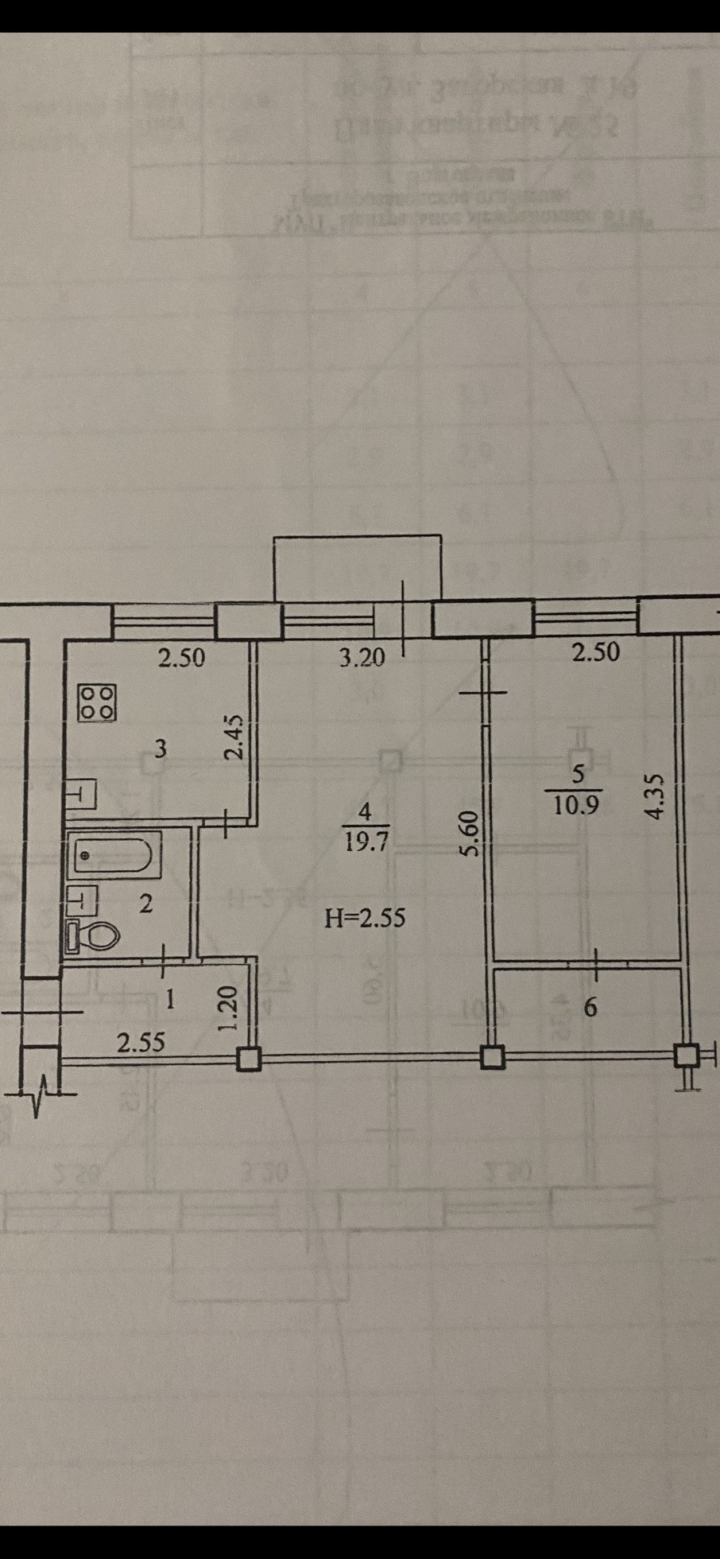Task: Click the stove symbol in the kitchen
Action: [x=97, y=702]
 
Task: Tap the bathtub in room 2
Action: [x=114, y=855]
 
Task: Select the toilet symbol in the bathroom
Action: [x=94, y=935]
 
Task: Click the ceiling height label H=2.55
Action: [x=365, y=918]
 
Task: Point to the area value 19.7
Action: [x=366, y=842]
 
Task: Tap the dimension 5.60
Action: [x=470, y=832]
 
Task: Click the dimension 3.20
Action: [x=362, y=658]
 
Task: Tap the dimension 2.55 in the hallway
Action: [x=141, y=1042]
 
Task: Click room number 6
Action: [x=590, y=1007]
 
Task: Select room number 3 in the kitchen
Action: [x=161, y=748]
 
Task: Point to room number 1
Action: [x=168, y=998]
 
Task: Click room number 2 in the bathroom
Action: [x=145, y=904]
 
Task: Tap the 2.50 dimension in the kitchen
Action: [x=181, y=658]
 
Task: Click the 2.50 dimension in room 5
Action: [x=595, y=651]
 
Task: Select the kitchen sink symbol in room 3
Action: [x=81, y=794]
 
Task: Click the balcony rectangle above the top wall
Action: [x=357, y=568]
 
